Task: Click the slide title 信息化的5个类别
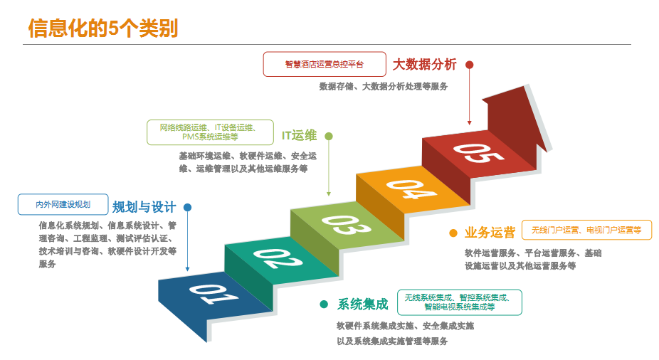point(103,28)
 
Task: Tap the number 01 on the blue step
point(206,294)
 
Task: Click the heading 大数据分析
point(424,64)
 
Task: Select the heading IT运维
point(299,135)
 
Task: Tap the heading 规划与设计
point(144,207)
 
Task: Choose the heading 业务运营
point(490,232)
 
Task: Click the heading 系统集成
point(363,304)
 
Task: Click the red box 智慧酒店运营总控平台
point(325,64)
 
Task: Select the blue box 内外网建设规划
point(63,204)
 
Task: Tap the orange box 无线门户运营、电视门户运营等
point(586,231)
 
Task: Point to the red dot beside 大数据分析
point(470,64)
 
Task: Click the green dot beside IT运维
point(329,135)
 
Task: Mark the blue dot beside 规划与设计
point(188,208)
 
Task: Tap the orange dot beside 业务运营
point(453,233)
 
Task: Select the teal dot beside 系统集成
point(324,304)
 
